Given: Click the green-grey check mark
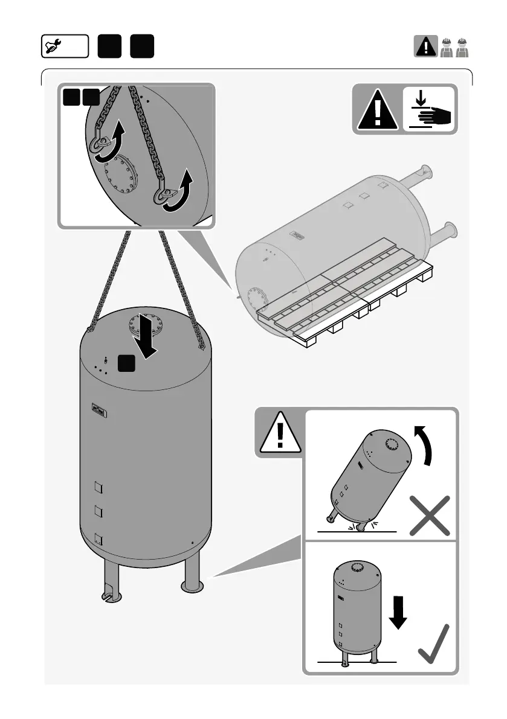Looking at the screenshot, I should [x=433, y=645].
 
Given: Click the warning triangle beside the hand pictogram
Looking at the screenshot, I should [x=377, y=110].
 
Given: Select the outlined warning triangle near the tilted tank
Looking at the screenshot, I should [x=279, y=433].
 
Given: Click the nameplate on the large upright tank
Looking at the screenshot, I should [x=98, y=410].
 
